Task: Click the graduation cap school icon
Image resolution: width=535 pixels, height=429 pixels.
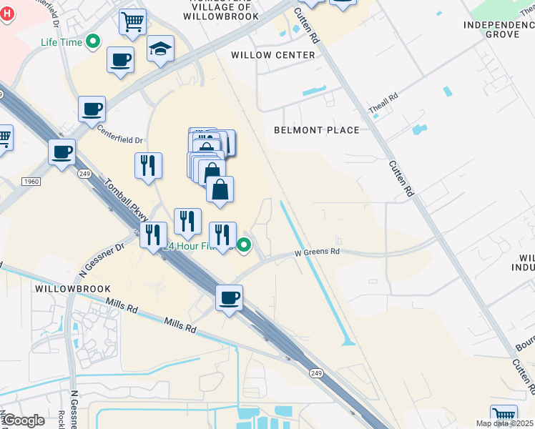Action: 161,49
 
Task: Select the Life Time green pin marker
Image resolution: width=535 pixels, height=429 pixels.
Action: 92,42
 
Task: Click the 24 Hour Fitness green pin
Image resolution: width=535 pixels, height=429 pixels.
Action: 244,245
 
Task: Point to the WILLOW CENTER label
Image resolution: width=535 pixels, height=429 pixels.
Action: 273,55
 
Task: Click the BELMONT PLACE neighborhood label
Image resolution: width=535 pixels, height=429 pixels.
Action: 317,130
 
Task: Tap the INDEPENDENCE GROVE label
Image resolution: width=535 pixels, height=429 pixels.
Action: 499,29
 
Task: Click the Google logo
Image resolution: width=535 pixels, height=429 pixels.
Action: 23,420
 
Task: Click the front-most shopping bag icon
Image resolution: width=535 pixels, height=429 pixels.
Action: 220,189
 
